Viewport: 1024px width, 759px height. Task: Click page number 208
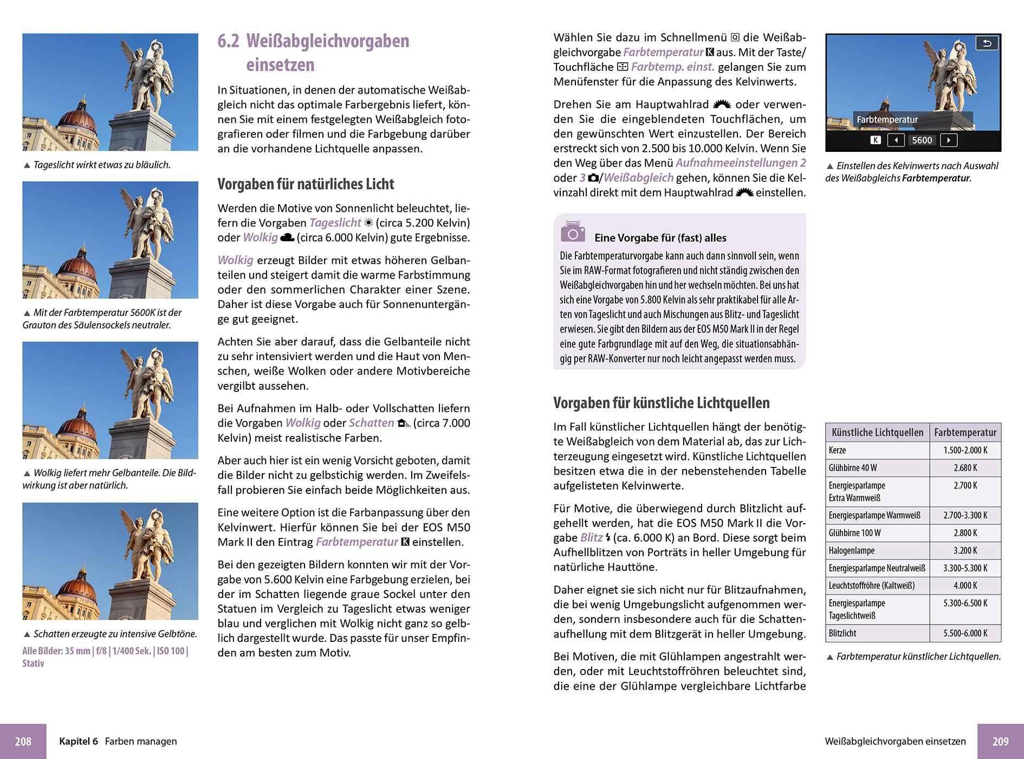pos(23,741)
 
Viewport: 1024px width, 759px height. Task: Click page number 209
pos(1000,741)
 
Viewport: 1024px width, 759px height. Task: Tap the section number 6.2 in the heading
pos(228,41)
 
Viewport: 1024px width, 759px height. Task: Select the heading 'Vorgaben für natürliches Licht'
pos(306,184)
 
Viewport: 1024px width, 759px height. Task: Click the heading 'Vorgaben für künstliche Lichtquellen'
pos(661,403)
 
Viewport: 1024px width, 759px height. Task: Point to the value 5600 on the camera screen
pos(922,140)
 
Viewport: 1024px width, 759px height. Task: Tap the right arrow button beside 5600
pos(948,140)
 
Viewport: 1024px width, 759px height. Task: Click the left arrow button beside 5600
pos(896,140)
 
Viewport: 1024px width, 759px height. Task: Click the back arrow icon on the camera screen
pos(987,43)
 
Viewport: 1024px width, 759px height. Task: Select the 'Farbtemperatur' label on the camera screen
pos(887,119)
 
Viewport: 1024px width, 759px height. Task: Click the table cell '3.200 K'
pos(965,551)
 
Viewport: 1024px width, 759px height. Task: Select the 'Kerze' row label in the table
pos(837,451)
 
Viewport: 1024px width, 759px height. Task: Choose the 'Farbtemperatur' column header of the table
pos(965,433)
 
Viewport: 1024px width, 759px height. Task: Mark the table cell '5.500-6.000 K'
pos(965,633)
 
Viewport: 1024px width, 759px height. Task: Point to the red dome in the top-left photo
pos(76,120)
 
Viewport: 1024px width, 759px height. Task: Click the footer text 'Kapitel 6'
pos(79,741)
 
